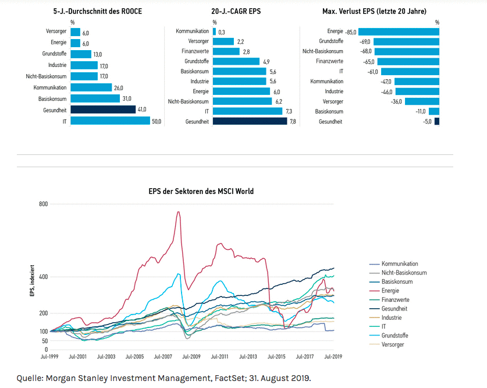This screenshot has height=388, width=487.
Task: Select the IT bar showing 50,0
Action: pyautogui.click(x=110, y=121)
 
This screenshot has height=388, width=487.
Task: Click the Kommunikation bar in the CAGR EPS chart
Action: pyautogui.click(x=214, y=31)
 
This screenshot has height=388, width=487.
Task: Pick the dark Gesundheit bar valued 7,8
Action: pyautogui.click(x=250, y=121)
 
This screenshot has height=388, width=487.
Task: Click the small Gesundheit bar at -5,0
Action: pyautogui.click(x=437, y=121)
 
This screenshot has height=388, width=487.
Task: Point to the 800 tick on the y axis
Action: pyautogui.click(x=42, y=204)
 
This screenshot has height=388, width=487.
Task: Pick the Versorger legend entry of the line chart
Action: pyautogui.click(x=393, y=344)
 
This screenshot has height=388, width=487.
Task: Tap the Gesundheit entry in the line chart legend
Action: pyautogui.click(x=394, y=308)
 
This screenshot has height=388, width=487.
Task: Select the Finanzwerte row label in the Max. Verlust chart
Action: pyautogui.click(x=329, y=61)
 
